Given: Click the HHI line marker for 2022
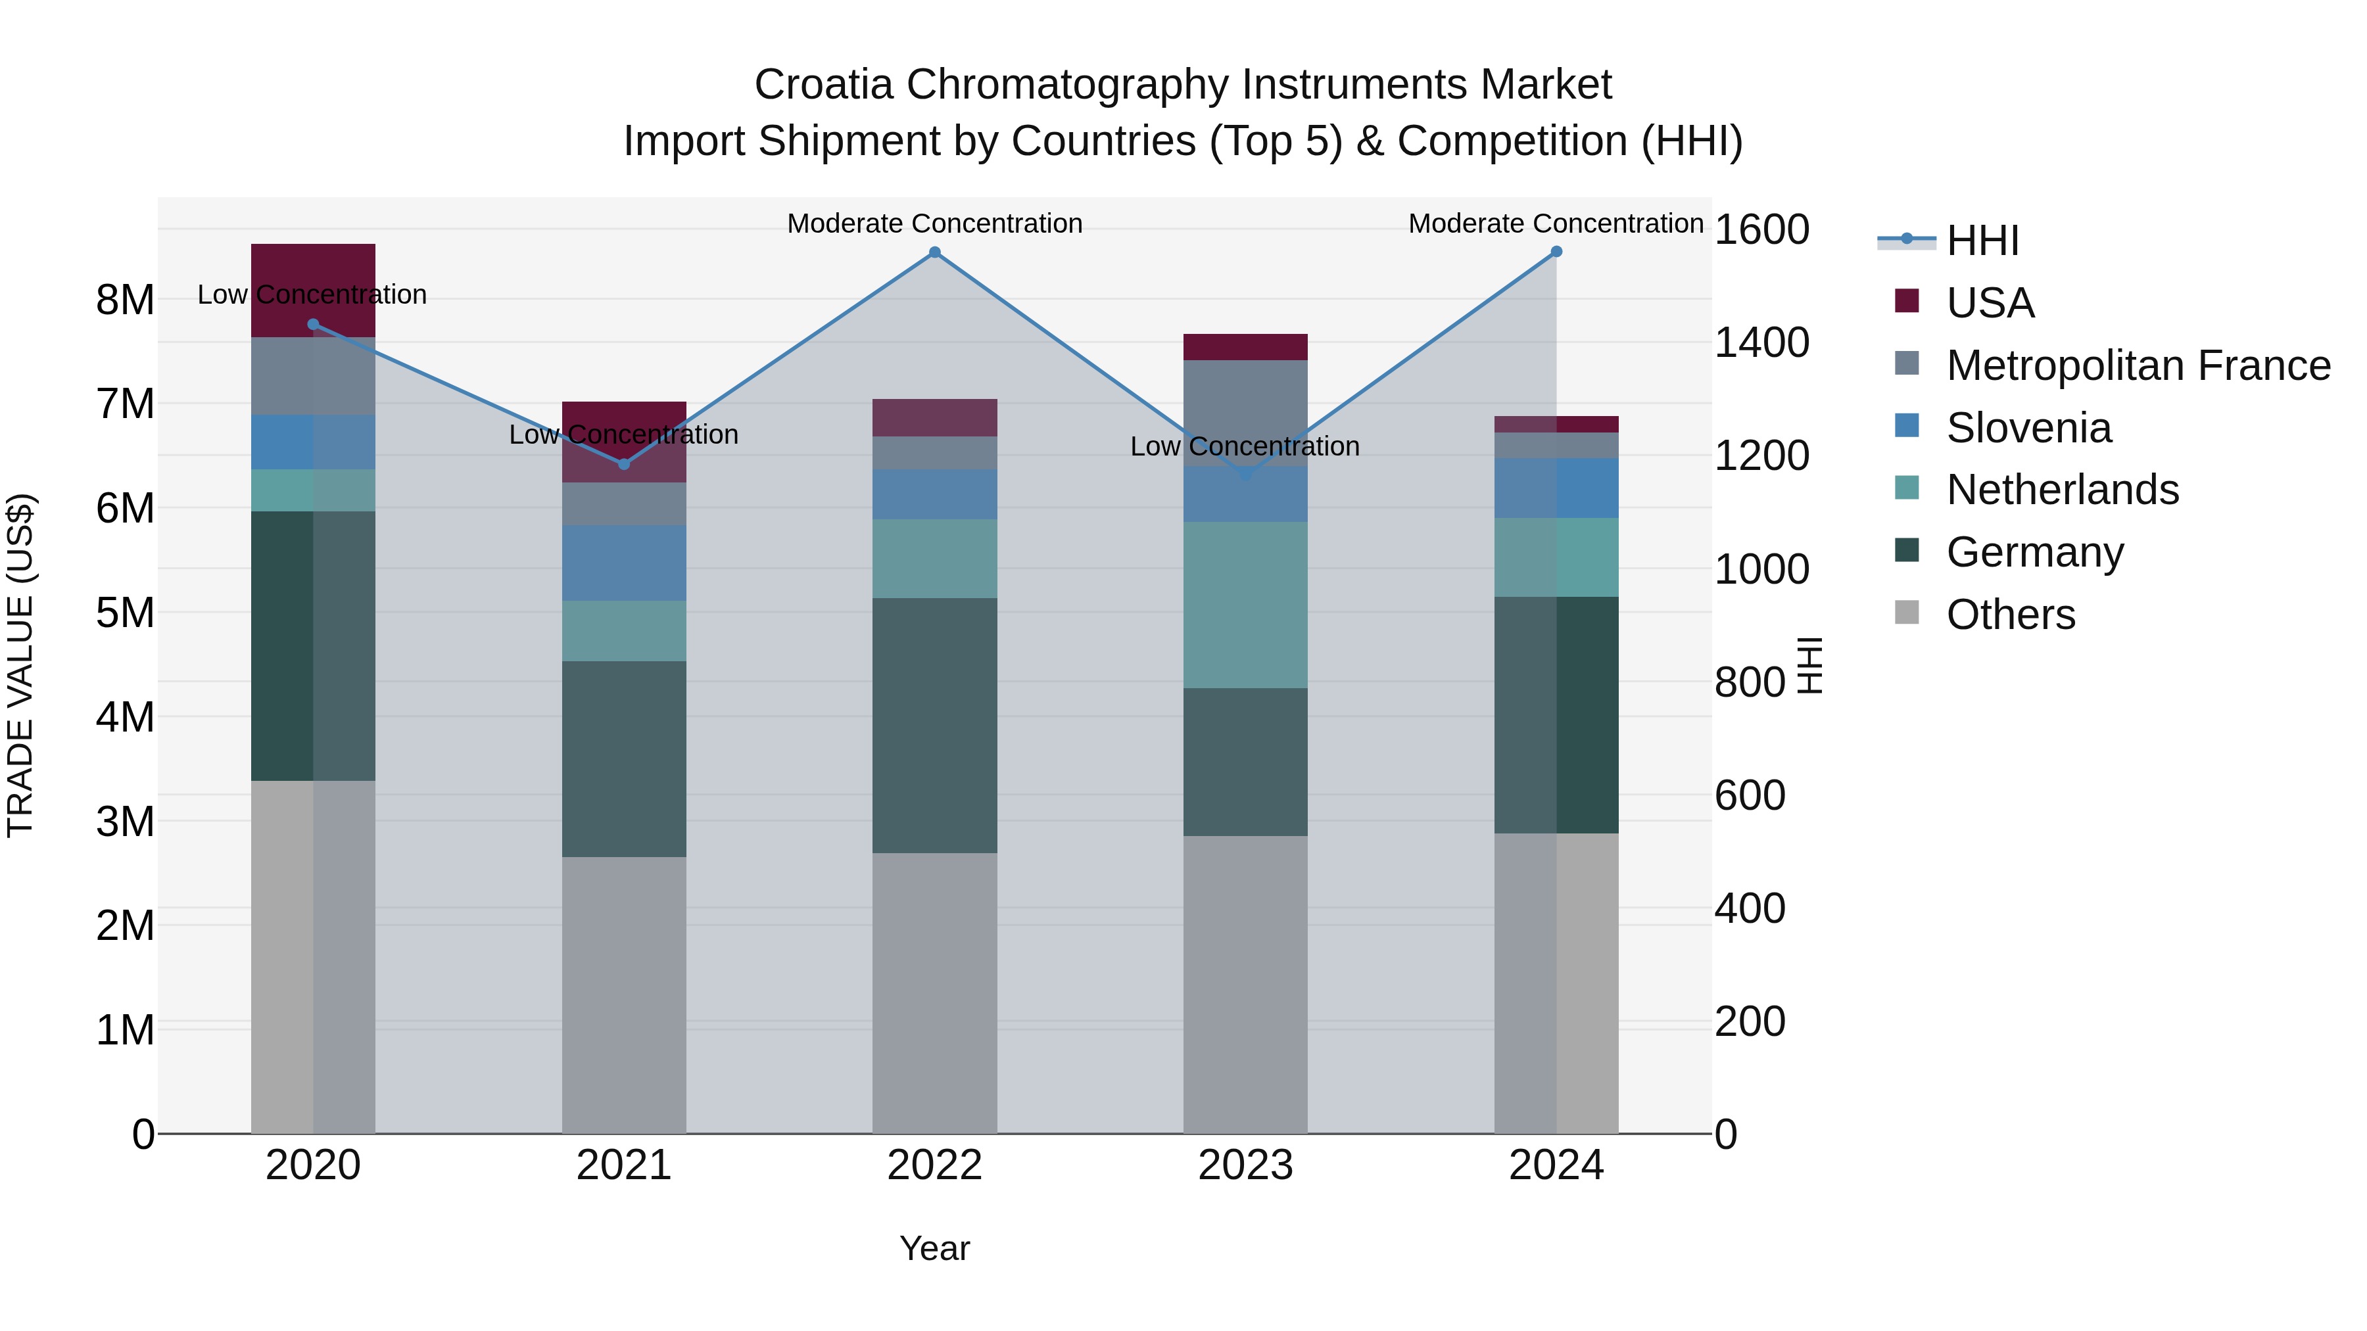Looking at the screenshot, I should [x=934, y=252].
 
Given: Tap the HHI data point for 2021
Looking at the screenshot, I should [x=624, y=464].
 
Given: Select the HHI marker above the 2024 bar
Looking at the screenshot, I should [x=1556, y=252].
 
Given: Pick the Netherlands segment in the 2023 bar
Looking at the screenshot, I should [x=1245, y=605].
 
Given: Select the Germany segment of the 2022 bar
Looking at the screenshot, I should [x=934, y=726].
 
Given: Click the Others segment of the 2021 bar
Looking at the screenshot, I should [x=624, y=995].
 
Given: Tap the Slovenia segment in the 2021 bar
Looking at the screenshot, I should [x=624, y=563].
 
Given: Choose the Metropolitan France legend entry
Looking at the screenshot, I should [x=2138, y=365].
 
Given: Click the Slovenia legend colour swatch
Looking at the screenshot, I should [x=1907, y=426].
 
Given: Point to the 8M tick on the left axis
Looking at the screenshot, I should [x=125, y=300].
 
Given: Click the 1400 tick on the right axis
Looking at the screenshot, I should [x=1761, y=342].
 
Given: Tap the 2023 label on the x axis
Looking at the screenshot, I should [x=1245, y=1165].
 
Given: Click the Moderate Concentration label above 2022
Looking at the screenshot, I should [x=934, y=223].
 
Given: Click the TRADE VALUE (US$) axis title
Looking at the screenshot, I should [x=20, y=665].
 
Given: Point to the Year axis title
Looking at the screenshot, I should [x=934, y=1248].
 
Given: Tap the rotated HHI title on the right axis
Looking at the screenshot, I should [x=1808, y=665].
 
